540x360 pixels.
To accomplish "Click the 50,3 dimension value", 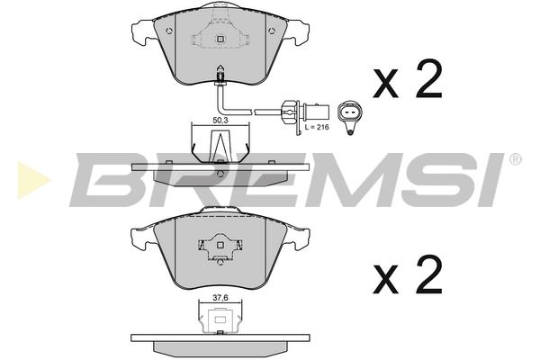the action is [220, 120].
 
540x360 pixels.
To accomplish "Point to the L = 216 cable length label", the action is [317, 127].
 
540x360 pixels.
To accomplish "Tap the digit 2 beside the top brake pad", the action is [428, 78].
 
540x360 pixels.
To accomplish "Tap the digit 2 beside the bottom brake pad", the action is [428, 274].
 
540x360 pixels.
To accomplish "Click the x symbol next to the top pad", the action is [386, 83].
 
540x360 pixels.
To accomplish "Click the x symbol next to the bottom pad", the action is [386, 279].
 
